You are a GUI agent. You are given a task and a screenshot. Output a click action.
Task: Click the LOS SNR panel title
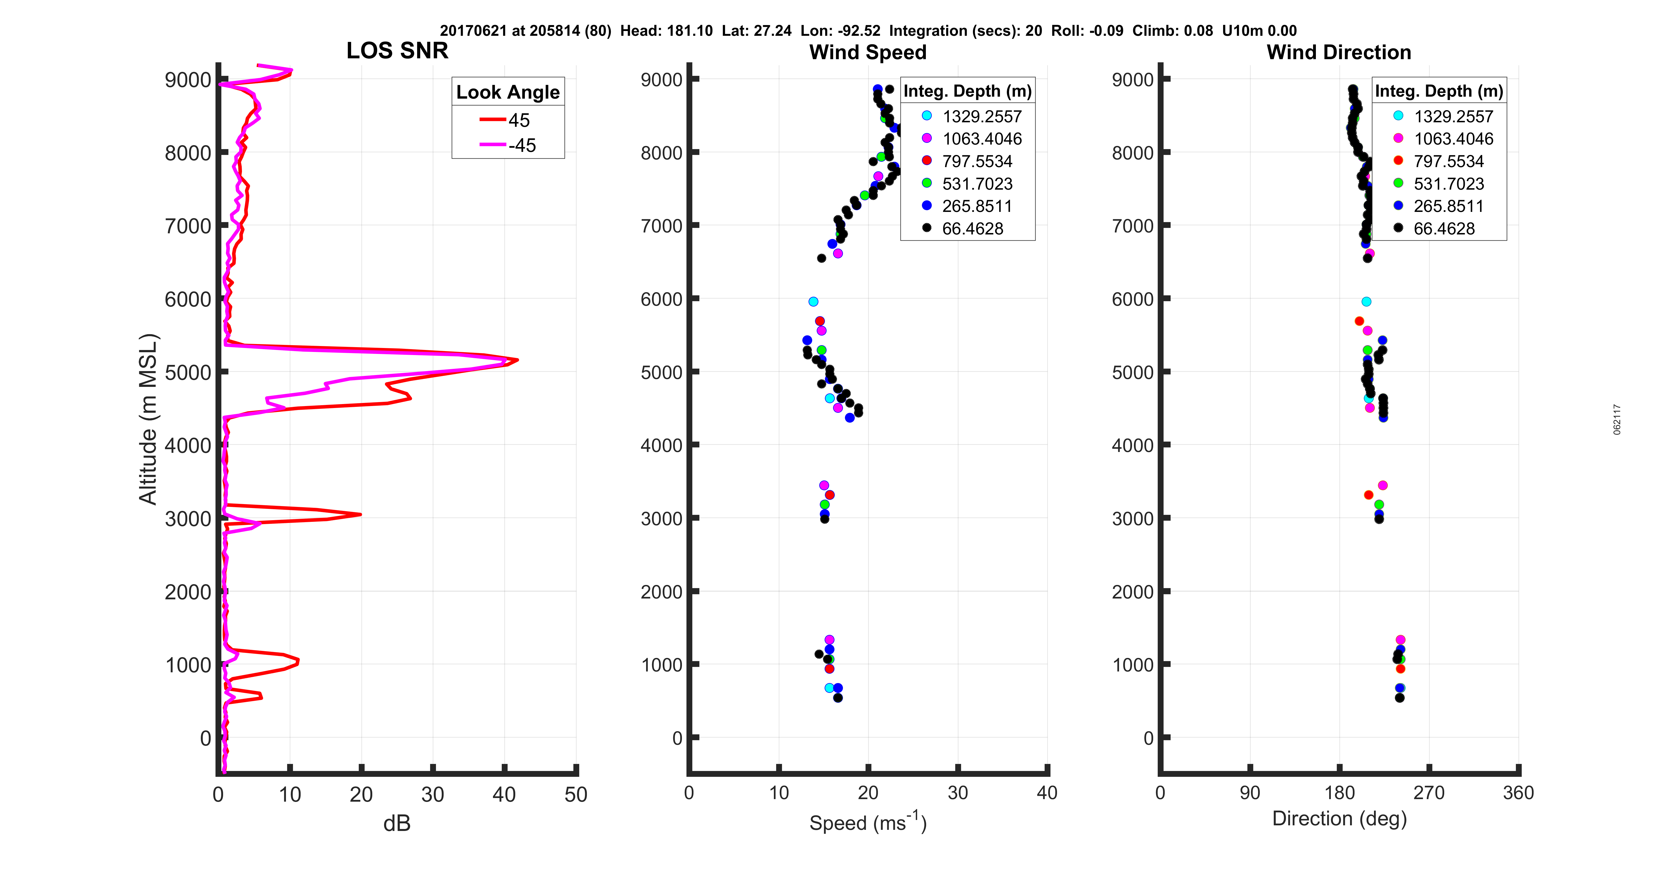point(397,51)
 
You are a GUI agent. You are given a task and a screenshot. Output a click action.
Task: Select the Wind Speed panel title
point(868,52)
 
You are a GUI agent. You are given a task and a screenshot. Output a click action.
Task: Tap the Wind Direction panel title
point(1339,52)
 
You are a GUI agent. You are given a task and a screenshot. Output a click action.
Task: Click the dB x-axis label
point(397,823)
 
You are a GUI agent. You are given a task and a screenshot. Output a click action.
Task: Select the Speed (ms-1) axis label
point(868,822)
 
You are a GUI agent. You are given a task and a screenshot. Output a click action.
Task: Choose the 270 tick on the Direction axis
point(1428,793)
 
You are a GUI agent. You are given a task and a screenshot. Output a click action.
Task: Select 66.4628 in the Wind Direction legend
point(1444,229)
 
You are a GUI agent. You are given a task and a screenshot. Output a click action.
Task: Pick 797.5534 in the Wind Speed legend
point(977,161)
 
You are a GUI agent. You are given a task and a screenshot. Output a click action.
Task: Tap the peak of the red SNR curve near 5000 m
point(517,359)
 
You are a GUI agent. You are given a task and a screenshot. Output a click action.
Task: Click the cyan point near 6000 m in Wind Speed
point(813,302)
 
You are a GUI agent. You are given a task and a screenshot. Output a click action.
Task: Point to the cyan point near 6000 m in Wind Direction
point(1366,302)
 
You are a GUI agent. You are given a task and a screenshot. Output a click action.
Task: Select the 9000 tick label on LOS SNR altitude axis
point(188,80)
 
